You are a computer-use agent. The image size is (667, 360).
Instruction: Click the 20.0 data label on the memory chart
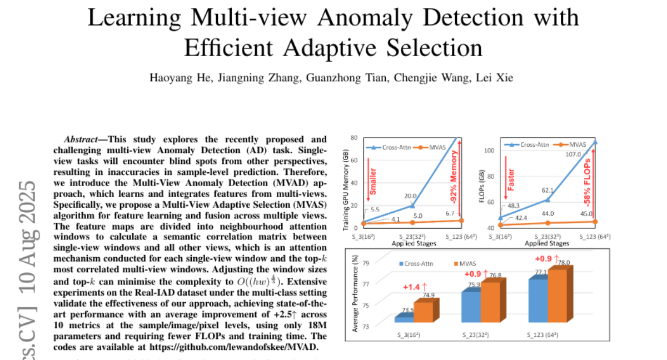410,196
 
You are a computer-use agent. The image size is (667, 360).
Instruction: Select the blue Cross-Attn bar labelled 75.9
471,308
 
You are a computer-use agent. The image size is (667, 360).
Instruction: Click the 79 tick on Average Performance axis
366,264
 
